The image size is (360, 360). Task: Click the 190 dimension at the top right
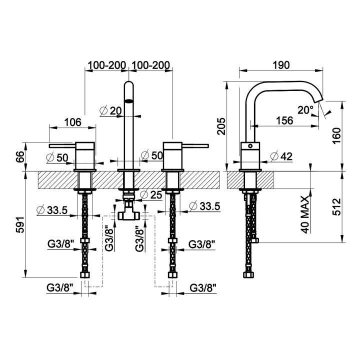281,65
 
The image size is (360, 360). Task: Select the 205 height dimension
222,126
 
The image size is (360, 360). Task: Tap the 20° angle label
305,110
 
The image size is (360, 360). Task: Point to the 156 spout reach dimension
284,120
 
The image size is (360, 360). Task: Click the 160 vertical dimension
337,135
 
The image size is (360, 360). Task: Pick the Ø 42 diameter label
281,156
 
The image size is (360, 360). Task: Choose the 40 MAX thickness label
305,214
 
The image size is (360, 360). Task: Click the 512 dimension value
337,206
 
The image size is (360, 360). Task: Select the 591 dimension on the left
20,224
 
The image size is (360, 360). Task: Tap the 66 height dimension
20,157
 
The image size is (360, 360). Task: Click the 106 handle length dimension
72,122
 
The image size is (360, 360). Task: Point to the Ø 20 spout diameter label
110,111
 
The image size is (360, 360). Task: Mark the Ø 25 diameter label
151,195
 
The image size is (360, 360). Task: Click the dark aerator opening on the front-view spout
129,101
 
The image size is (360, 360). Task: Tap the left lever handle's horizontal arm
62,146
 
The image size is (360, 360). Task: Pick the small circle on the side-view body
250,146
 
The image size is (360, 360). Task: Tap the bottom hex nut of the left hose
85,275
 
